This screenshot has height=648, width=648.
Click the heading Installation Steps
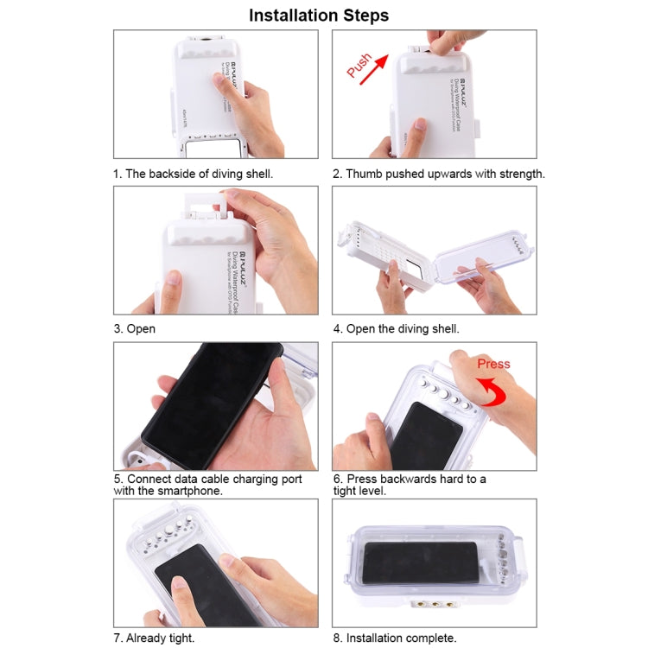(319, 16)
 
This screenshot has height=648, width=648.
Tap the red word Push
(359, 65)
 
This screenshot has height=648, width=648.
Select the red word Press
(493, 364)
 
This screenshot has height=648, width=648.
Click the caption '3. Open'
(135, 329)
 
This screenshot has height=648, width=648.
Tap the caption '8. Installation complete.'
(401, 638)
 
